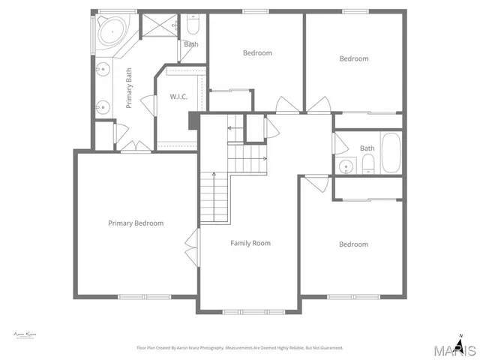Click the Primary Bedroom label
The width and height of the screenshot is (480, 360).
click(x=136, y=223)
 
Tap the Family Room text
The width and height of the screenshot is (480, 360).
click(x=250, y=243)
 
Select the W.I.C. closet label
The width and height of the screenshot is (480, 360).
click(x=178, y=97)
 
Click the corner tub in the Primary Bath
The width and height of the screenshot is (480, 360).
click(x=111, y=31)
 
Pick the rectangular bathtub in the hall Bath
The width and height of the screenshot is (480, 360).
click(x=391, y=153)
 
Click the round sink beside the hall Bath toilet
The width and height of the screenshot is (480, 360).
click(x=346, y=166)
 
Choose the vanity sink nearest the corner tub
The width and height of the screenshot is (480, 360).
click(x=103, y=72)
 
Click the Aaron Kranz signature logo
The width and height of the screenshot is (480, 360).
click(x=25, y=334)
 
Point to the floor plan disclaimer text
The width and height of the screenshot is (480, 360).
click(x=239, y=348)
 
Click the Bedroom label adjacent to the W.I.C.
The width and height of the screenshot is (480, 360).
click(x=257, y=53)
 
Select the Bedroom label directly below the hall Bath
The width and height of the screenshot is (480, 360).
click(x=353, y=244)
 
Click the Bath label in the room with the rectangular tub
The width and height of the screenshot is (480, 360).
click(x=367, y=148)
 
